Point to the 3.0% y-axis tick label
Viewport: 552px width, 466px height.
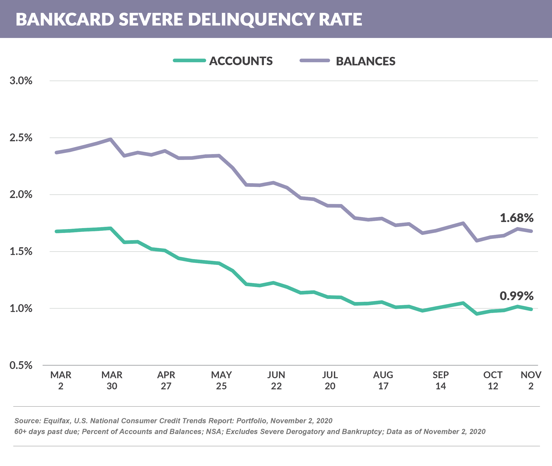click(21, 81)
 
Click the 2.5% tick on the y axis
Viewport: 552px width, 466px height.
click(21, 138)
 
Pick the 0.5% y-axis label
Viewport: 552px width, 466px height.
click(21, 365)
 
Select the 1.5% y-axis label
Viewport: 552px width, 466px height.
click(21, 251)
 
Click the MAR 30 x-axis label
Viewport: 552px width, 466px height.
click(112, 380)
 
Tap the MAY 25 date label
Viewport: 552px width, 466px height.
click(221, 380)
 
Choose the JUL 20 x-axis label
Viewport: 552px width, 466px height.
click(330, 380)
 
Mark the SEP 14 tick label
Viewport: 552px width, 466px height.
click(440, 380)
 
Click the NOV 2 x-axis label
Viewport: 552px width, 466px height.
click(531, 380)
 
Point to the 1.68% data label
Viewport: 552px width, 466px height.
click(516, 218)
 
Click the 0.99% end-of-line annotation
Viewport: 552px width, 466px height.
click(516, 296)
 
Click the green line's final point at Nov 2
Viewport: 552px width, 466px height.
click(531, 309)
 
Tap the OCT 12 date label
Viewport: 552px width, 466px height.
click(493, 380)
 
